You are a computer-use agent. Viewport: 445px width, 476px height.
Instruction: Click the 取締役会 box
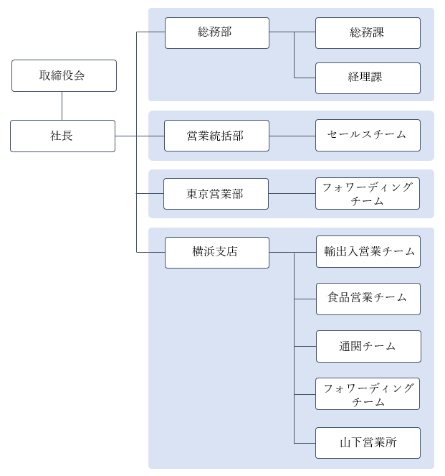click(x=64, y=75)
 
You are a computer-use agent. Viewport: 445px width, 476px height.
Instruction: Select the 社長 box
click(x=62, y=136)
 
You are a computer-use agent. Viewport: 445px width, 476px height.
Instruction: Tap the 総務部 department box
click(x=216, y=32)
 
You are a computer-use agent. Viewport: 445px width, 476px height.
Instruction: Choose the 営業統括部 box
click(x=216, y=136)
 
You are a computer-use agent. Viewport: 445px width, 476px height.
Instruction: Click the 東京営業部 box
click(x=216, y=194)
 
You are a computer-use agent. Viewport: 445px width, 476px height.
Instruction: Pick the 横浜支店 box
click(x=216, y=252)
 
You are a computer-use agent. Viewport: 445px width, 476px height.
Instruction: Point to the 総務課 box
click(x=368, y=32)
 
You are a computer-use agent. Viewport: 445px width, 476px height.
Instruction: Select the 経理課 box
click(x=368, y=78)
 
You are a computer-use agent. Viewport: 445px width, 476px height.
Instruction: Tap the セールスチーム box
click(x=368, y=135)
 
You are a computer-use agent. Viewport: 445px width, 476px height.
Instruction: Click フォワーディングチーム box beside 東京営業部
click(x=367, y=194)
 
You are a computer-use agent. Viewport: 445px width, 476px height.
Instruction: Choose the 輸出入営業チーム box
click(x=368, y=251)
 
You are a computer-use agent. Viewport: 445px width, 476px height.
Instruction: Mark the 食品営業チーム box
click(x=368, y=299)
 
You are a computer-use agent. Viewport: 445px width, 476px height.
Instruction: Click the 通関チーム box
click(x=368, y=346)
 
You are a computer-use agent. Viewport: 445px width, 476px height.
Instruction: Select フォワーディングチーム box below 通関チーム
click(x=367, y=394)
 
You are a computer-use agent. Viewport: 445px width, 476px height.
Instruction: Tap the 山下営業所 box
click(x=368, y=443)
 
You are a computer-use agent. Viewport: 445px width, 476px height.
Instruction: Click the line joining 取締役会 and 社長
click(x=62, y=106)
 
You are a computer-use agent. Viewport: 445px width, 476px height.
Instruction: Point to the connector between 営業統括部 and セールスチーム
click(x=292, y=136)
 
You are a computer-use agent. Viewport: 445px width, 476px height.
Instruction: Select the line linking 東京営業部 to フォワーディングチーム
click(x=292, y=194)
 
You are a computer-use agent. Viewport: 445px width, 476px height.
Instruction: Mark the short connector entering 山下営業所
click(x=305, y=443)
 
